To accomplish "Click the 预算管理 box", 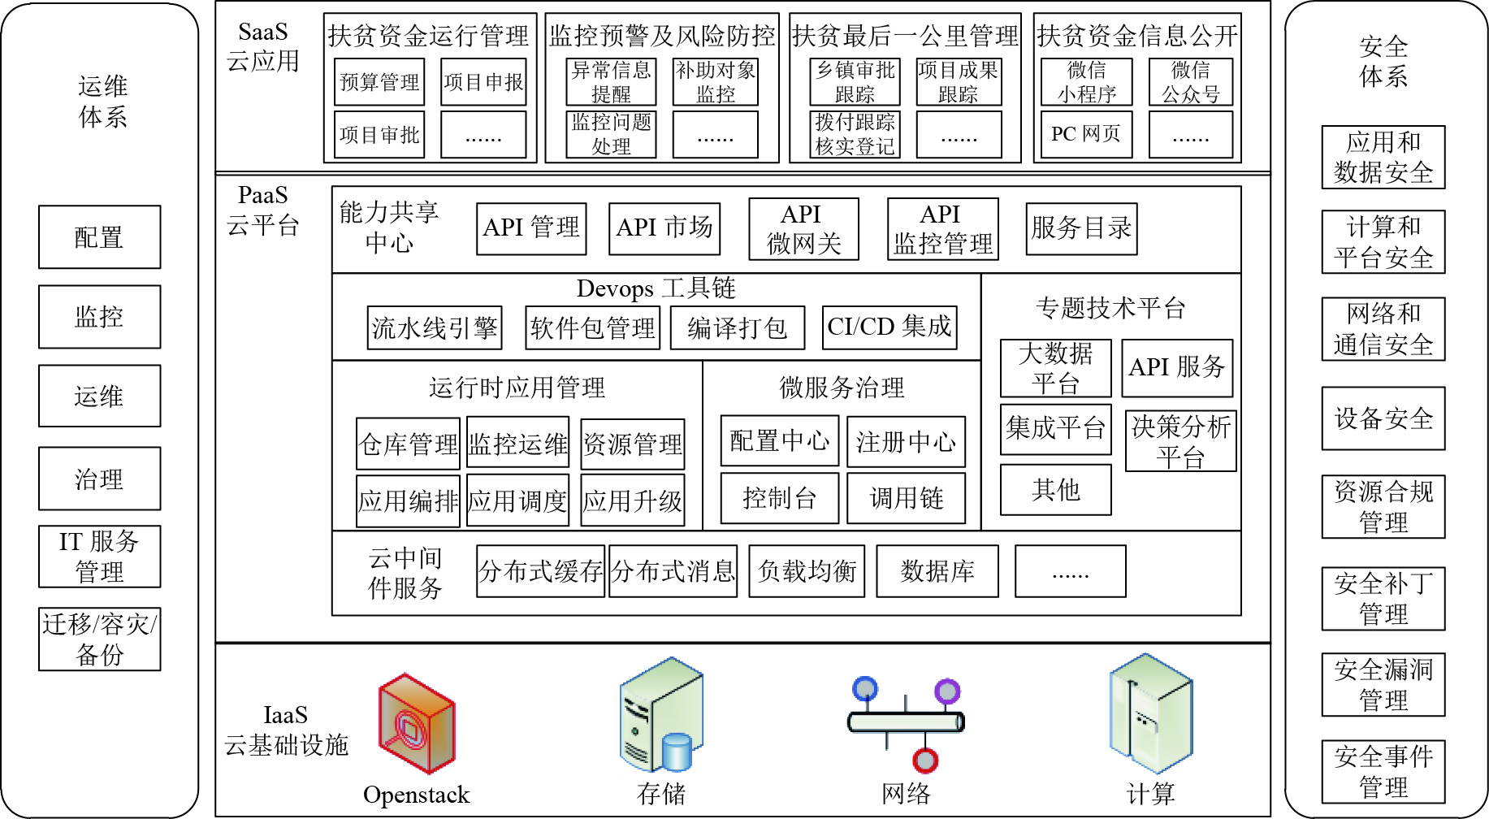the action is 379,81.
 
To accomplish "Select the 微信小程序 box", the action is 1087,81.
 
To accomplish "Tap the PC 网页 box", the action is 1087,134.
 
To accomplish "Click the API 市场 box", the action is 664,228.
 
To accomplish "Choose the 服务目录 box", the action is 1081,228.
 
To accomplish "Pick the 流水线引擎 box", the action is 435,327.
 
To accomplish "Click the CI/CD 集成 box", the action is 890,327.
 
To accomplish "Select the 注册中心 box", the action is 907,442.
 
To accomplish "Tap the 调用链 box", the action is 907,498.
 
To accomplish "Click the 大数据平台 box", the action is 1056,368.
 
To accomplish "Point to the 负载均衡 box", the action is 807,571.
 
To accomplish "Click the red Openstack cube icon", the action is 417,722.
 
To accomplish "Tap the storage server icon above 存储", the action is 661,714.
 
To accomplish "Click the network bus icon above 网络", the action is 906,722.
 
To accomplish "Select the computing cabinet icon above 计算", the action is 1151,713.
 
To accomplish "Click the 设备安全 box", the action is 1383,418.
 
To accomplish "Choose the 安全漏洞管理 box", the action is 1383,685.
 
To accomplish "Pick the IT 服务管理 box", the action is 100,557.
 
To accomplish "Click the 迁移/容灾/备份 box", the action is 100,639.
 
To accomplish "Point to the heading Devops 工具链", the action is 656,288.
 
